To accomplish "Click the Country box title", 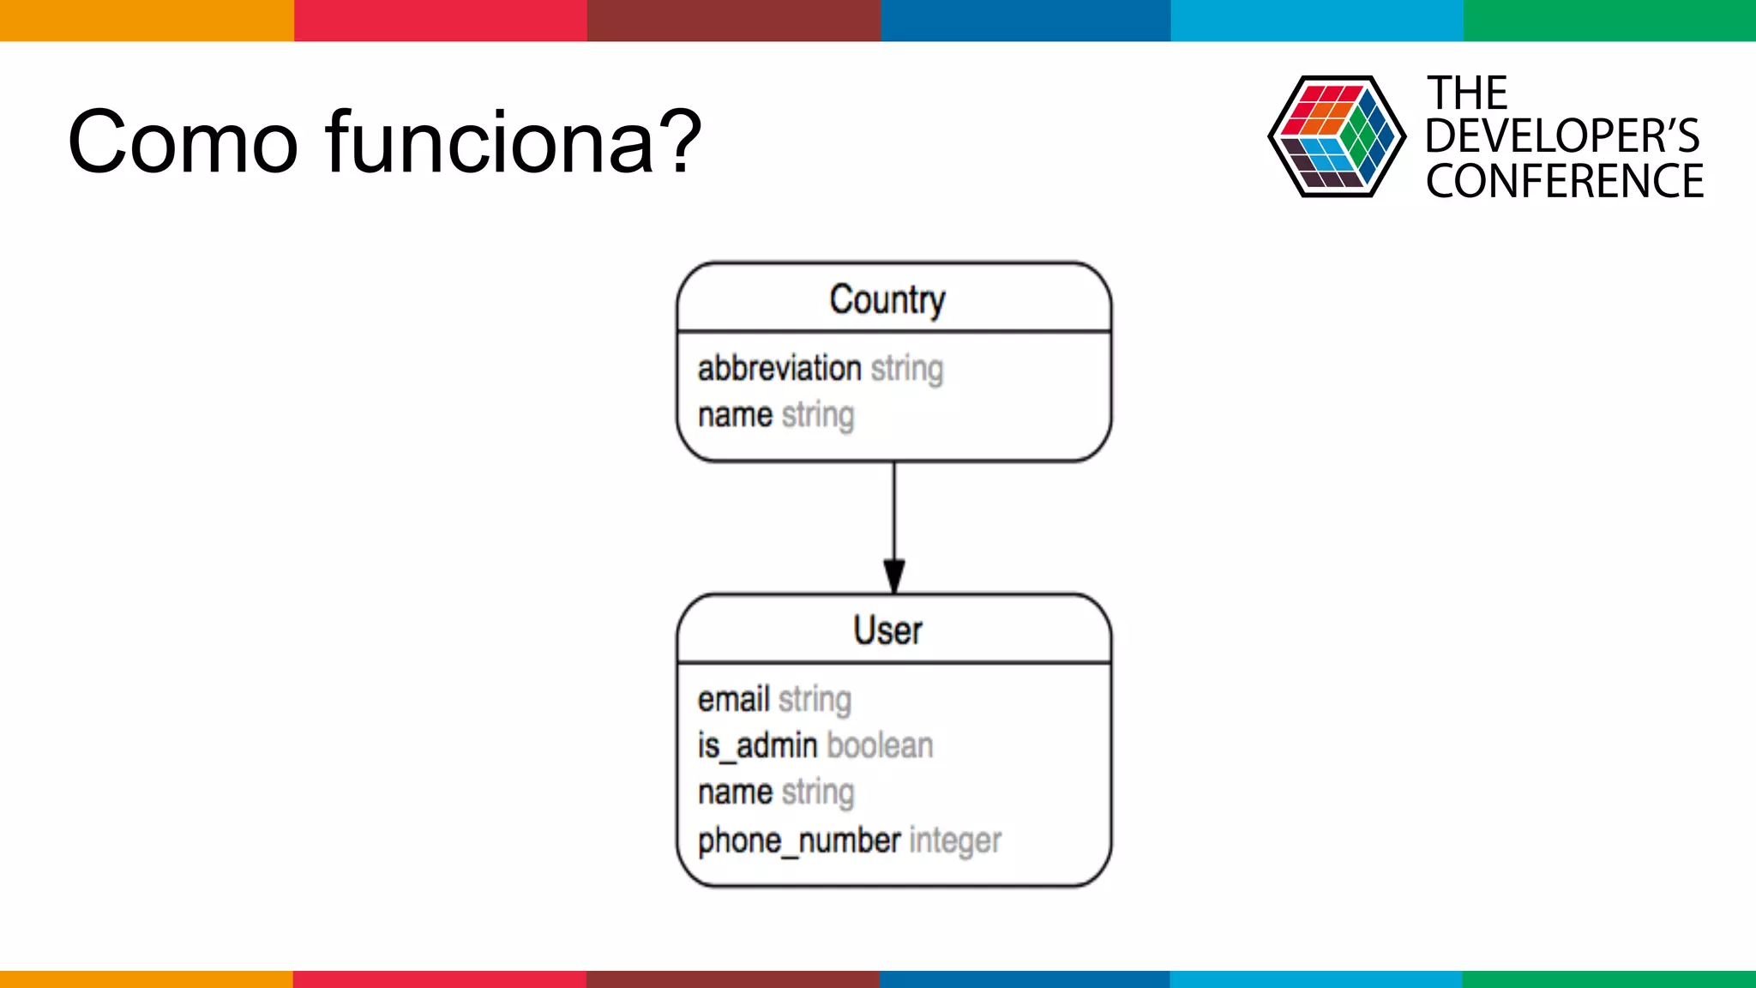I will pos(887,299).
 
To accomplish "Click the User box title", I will pos(887,630).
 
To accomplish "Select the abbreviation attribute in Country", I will pos(779,368).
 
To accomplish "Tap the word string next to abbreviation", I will pos(906,369).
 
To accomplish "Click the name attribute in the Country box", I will pos(735,415).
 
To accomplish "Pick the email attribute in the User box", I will pos(733,699).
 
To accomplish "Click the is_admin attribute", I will pos(756,745).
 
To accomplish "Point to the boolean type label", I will pos(880,745).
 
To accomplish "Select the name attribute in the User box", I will pos(735,792).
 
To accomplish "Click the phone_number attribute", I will pos(798,840).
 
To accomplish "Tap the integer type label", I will pos(954,840).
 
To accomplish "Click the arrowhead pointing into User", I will pos(894,575).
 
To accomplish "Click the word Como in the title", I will pos(183,142).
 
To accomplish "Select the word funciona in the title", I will pos(490,142).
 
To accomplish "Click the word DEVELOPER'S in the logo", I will pos(1561,136).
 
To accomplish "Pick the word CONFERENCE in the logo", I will pos(1564,181).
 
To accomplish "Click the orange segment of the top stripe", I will pos(146,20).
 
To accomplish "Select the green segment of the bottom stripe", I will pos(1609,979).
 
